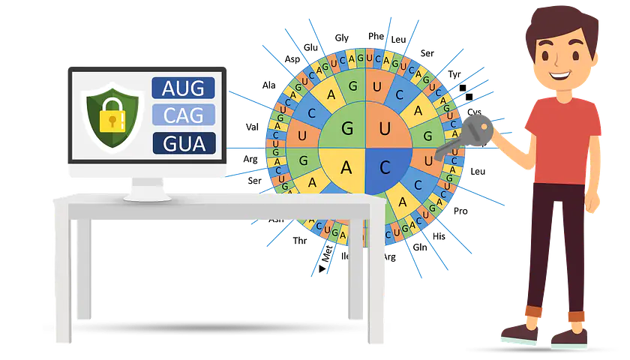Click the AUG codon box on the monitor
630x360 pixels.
184,88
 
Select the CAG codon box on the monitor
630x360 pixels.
184,115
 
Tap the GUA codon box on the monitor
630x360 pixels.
184,142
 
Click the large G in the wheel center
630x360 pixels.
346,127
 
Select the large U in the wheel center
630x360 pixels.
385,127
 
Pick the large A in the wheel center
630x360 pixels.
346,167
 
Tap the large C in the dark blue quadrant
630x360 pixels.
385,167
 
